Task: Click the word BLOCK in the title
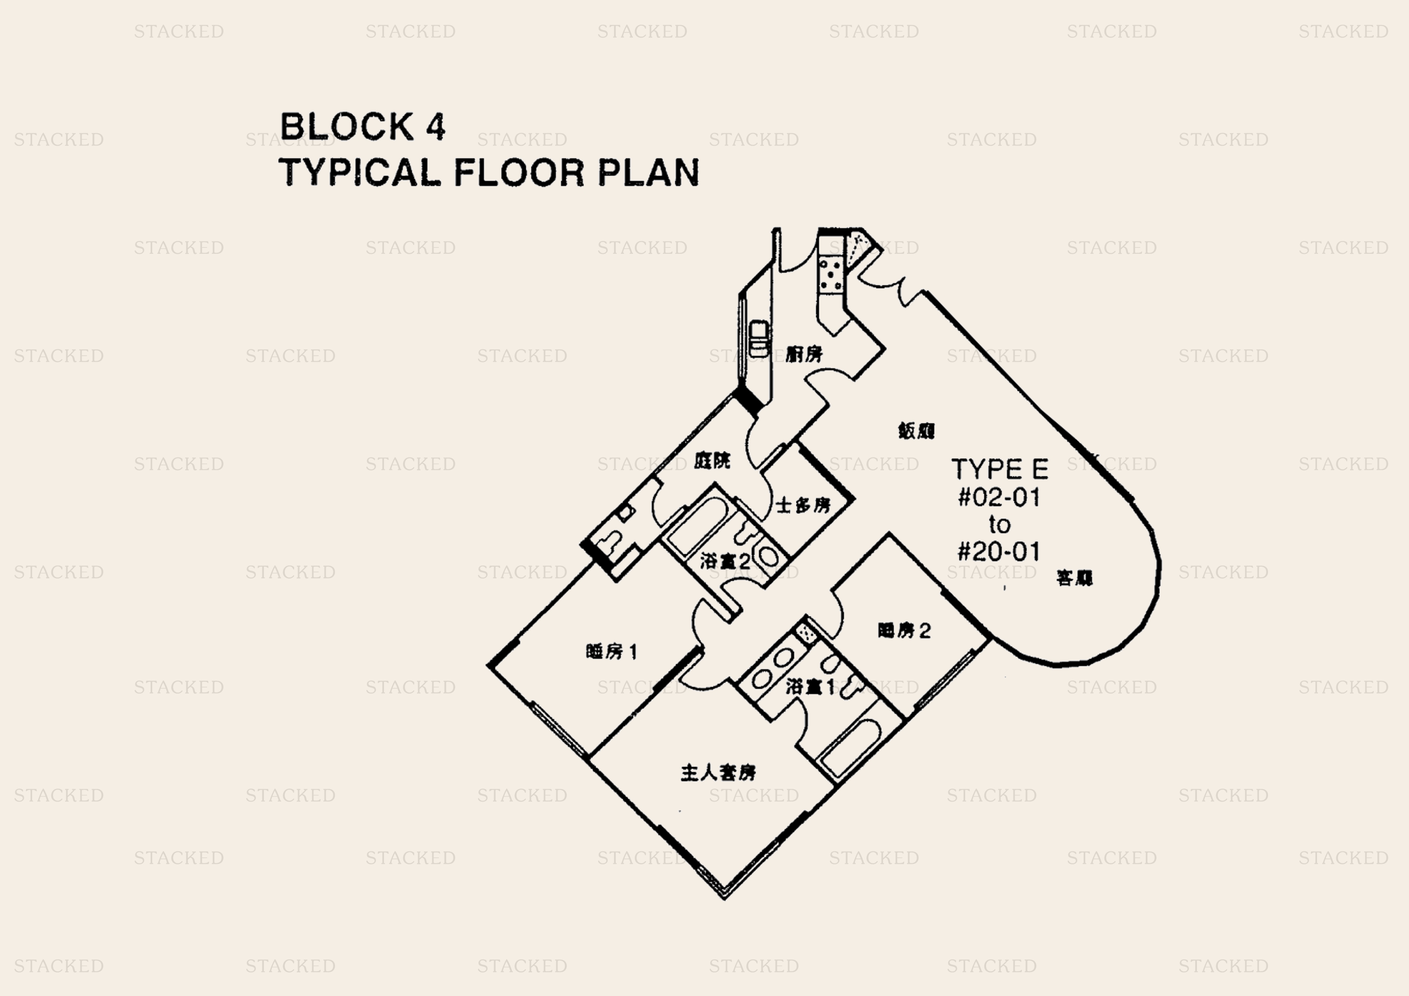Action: coord(347,127)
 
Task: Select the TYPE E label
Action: coord(999,469)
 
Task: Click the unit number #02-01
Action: coord(999,497)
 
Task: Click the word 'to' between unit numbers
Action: coord(999,525)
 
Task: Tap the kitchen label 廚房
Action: coord(804,354)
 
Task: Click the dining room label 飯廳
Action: coord(916,431)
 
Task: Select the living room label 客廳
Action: coord(1074,578)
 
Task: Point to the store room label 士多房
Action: coord(803,506)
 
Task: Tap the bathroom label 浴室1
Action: coord(810,687)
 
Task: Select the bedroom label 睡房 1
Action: coord(612,651)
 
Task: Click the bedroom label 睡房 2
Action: coord(904,630)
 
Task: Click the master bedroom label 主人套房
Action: coord(718,773)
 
